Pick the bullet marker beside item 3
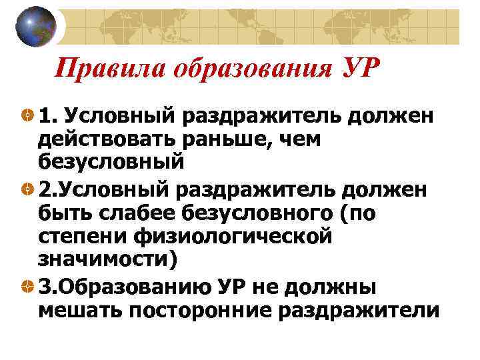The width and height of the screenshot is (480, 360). (x=27, y=287)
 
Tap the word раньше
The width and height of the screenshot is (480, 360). (x=221, y=139)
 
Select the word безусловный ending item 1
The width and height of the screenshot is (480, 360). (x=110, y=161)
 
